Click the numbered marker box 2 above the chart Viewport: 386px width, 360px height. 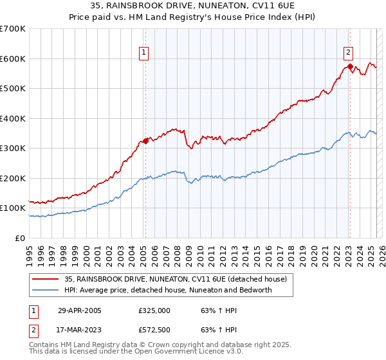pyautogui.click(x=347, y=53)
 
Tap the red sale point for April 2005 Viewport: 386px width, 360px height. pyautogui.click(x=146, y=141)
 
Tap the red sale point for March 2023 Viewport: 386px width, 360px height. pyautogui.click(x=349, y=66)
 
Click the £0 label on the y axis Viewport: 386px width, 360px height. pyautogui.click(x=20, y=238)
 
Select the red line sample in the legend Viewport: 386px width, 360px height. pyautogui.click(x=44, y=278)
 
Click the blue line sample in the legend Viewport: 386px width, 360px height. pyautogui.click(x=44, y=289)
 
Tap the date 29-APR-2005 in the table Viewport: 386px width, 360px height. pyautogui.click(x=80, y=310)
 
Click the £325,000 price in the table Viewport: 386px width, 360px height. pyautogui.click(x=154, y=310)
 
